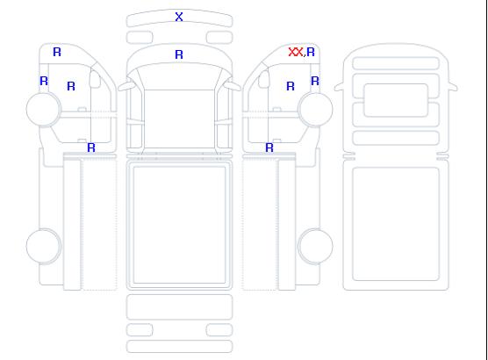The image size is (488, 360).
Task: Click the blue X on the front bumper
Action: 179,17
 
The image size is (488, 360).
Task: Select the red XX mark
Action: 296,52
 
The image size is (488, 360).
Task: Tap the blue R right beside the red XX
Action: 311,52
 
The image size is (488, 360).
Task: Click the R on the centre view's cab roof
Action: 179,54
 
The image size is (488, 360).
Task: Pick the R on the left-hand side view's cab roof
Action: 57,52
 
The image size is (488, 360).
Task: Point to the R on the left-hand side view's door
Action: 71,86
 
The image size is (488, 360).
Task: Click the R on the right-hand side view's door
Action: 291,86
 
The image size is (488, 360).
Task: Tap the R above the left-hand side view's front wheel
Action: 44,82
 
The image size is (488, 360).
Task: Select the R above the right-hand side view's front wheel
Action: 315,82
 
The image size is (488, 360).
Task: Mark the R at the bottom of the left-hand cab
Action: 91,148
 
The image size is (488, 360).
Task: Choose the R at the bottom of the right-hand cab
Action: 269,148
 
